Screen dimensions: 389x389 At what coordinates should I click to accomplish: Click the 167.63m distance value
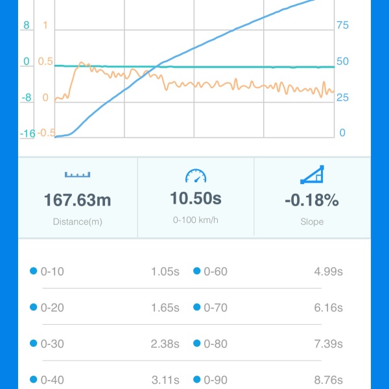point(78,200)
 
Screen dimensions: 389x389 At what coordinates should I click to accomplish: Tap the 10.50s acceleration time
point(195,198)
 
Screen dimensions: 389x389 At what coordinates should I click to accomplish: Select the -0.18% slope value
point(312,200)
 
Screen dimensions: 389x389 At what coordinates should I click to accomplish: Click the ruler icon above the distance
point(78,174)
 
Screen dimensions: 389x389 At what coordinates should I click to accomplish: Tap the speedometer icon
point(195,175)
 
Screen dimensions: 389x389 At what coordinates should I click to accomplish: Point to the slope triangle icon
point(312,174)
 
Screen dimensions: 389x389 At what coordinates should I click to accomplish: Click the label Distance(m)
point(78,222)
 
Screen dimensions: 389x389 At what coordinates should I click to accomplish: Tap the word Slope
point(312,222)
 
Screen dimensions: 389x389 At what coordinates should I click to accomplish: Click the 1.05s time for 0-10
point(165,272)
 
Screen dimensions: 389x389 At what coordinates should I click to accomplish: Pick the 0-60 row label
point(215,272)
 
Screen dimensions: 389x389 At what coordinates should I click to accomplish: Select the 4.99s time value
point(328,272)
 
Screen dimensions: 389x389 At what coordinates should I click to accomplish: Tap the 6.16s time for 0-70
point(328,308)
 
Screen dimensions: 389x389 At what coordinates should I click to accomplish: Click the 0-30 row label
point(52,344)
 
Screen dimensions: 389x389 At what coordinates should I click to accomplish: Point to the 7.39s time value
point(328,344)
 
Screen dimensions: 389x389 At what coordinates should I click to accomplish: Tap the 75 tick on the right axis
point(342,25)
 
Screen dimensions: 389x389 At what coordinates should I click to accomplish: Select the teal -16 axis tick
point(27,134)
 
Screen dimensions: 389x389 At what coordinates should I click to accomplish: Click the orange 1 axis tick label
point(45,25)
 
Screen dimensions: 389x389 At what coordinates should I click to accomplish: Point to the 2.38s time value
point(165,344)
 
